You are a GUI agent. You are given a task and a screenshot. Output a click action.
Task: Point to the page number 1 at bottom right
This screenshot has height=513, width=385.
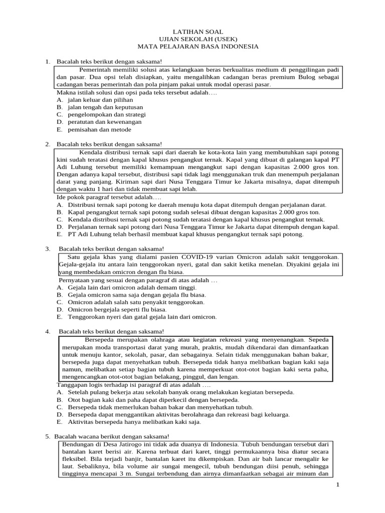(338, 485)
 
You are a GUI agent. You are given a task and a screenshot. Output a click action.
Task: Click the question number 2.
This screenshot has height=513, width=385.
(47, 144)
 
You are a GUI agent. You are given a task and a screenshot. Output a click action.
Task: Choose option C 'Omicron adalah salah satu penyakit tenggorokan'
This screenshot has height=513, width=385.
(130, 302)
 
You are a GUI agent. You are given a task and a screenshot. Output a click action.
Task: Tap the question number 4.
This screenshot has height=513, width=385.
(47, 331)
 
